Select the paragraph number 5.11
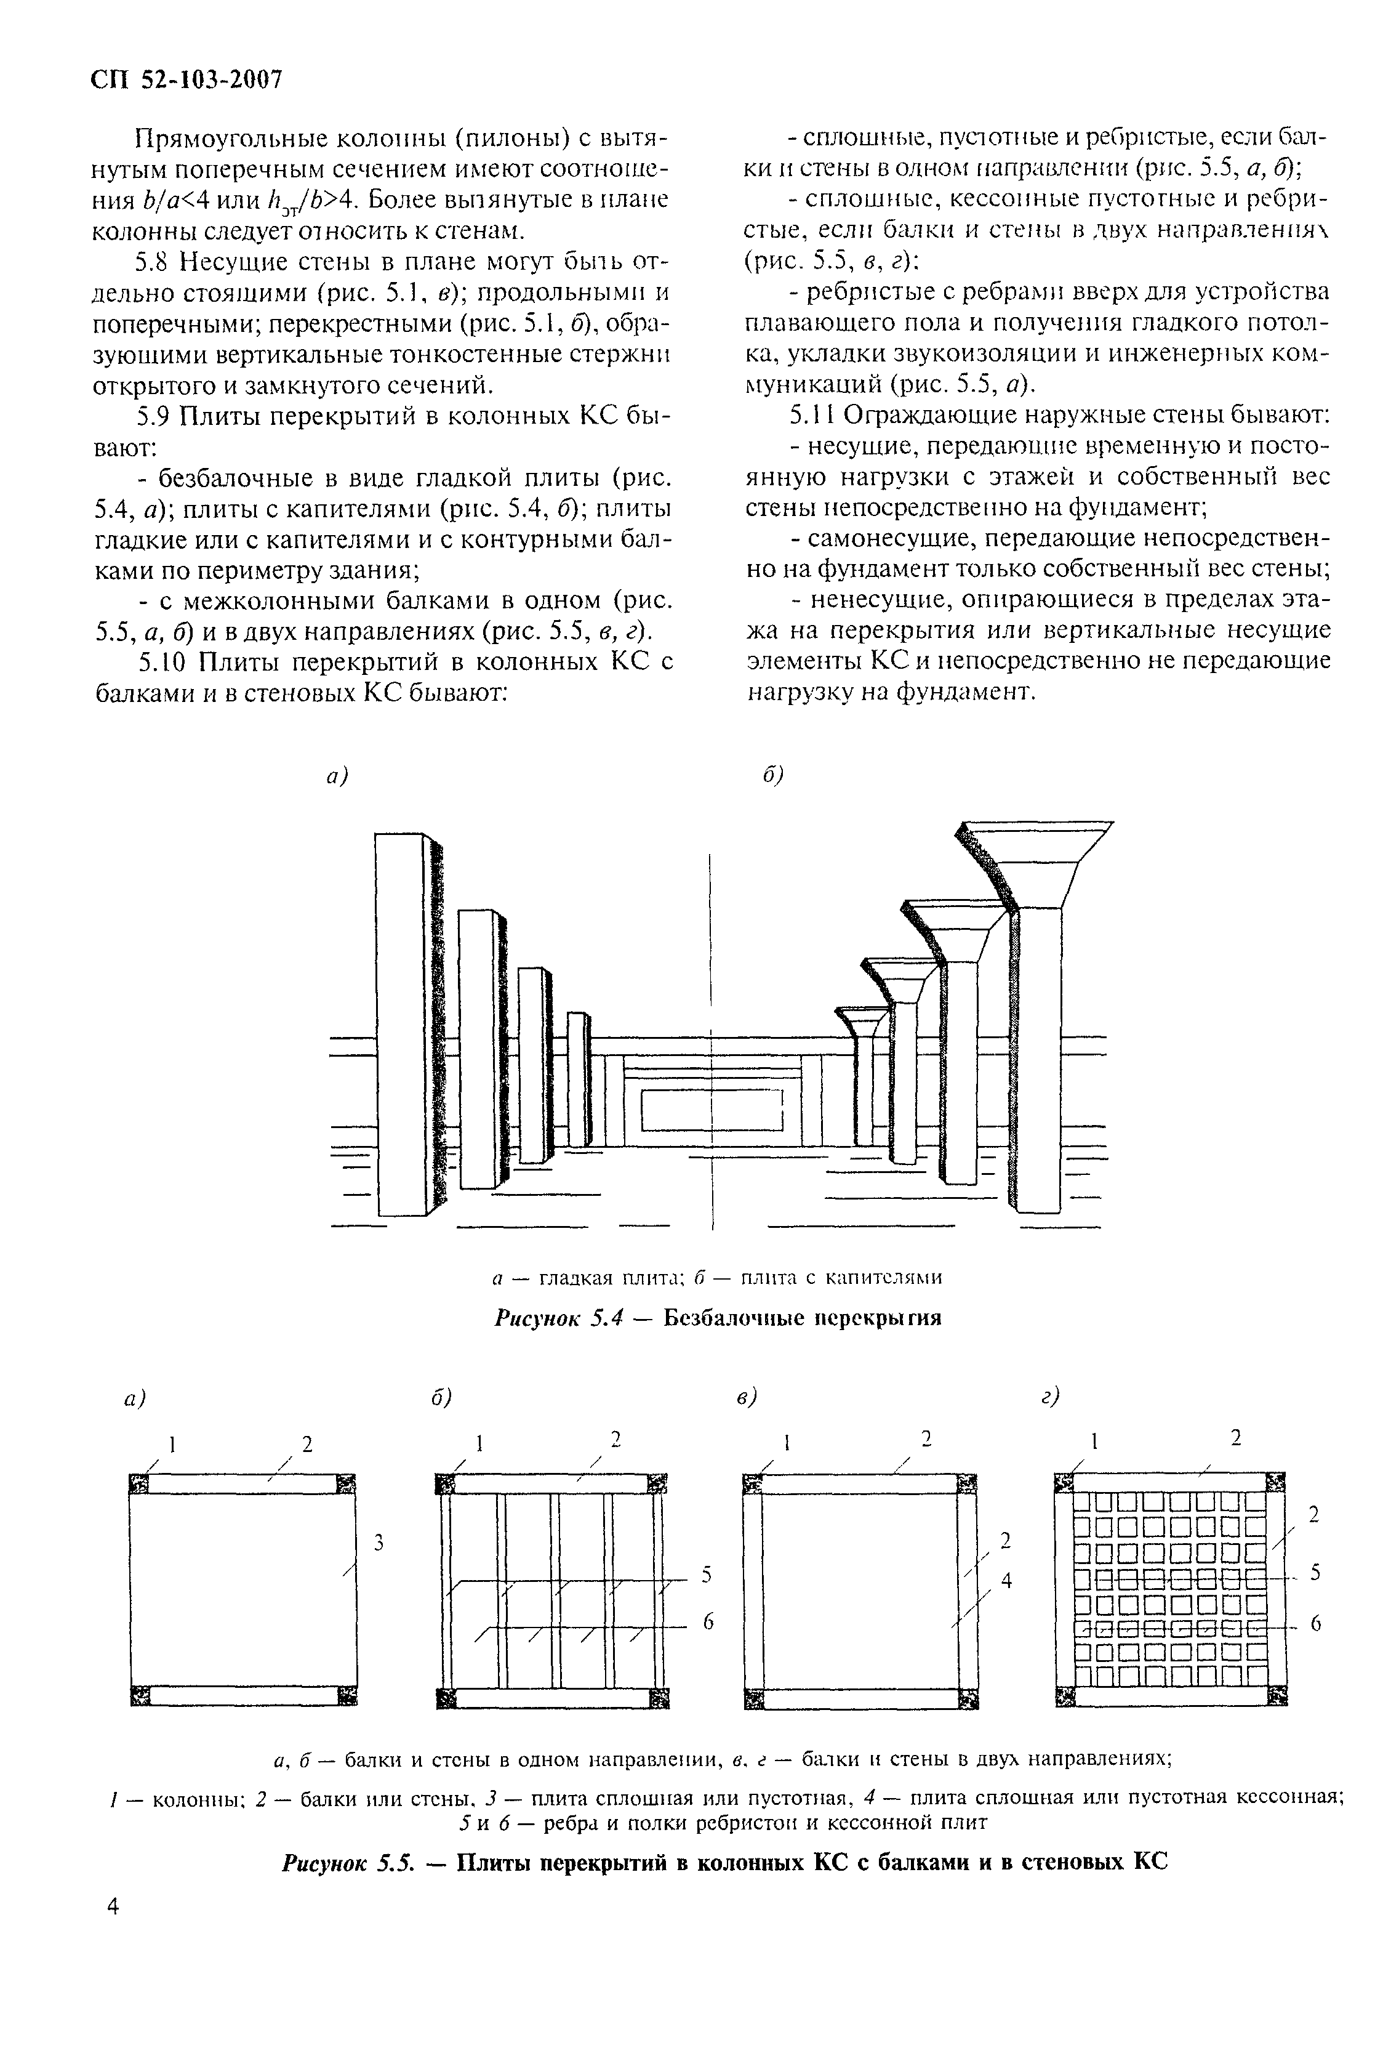pyautogui.click(x=811, y=415)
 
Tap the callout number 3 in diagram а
pyautogui.click(x=378, y=1543)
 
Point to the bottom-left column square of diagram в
pyautogui.click(x=753, y=1698)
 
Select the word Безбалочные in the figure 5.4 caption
pyautogui.click(x=740, y=1319)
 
